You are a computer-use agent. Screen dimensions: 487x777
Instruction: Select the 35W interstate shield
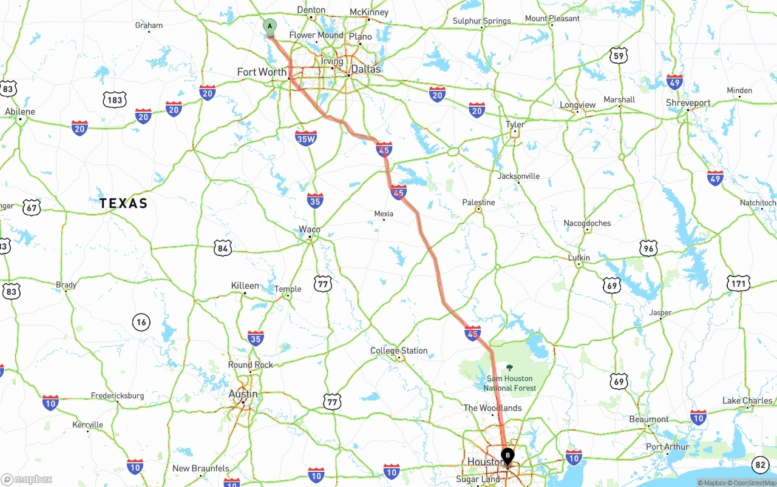click(306, 139)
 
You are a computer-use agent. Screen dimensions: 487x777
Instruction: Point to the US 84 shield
click(223, 247)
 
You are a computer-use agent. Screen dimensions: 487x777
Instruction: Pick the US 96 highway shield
click(648, 247)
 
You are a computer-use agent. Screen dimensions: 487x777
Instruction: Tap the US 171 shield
click(739, 283)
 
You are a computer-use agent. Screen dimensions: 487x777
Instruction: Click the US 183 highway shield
click(114, 100)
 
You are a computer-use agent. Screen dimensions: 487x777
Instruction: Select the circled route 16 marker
click(141, 322)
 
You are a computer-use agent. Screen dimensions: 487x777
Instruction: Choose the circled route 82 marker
click(760, 465)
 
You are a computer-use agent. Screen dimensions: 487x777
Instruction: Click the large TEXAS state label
click(123, 203)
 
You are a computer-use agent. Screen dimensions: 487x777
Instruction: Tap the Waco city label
click(310, 229)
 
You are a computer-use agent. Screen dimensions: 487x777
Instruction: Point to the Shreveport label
click(688, 103)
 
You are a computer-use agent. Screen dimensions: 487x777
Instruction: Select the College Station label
click(399, 351)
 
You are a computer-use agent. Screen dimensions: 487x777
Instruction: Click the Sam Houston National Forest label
click(509, 383)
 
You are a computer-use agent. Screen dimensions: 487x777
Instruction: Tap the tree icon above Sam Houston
click(509, 368)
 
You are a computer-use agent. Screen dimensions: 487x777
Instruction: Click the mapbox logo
click(27, 479)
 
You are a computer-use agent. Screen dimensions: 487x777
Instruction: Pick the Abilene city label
click(20, 112)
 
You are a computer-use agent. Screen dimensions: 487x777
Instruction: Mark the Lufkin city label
click(579, 258)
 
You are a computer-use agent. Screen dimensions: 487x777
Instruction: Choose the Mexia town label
click(384, 213)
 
